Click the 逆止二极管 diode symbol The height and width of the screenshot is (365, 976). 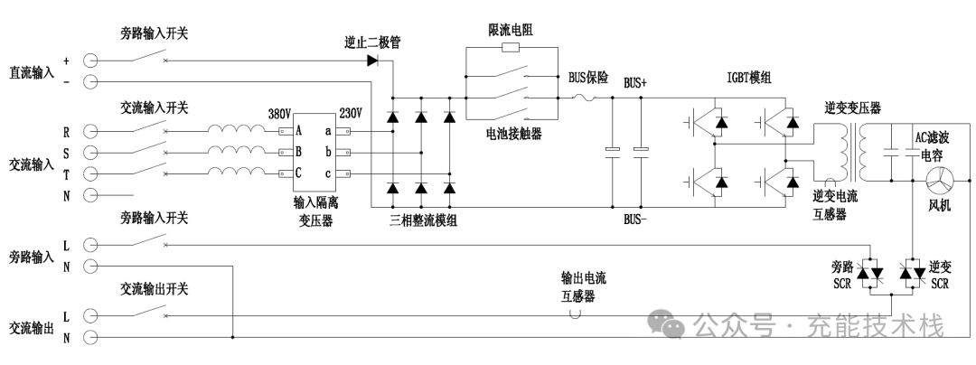tap(372, 61)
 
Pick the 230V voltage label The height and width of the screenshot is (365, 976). tap(351, 114)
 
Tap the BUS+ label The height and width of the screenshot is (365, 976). tap(635, 82)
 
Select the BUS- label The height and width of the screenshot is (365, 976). tap(635, 220)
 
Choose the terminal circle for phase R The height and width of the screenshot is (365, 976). tap(90, 131)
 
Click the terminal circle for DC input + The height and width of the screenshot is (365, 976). tap(90, 61)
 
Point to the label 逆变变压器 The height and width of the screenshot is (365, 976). tap(852, 108)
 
